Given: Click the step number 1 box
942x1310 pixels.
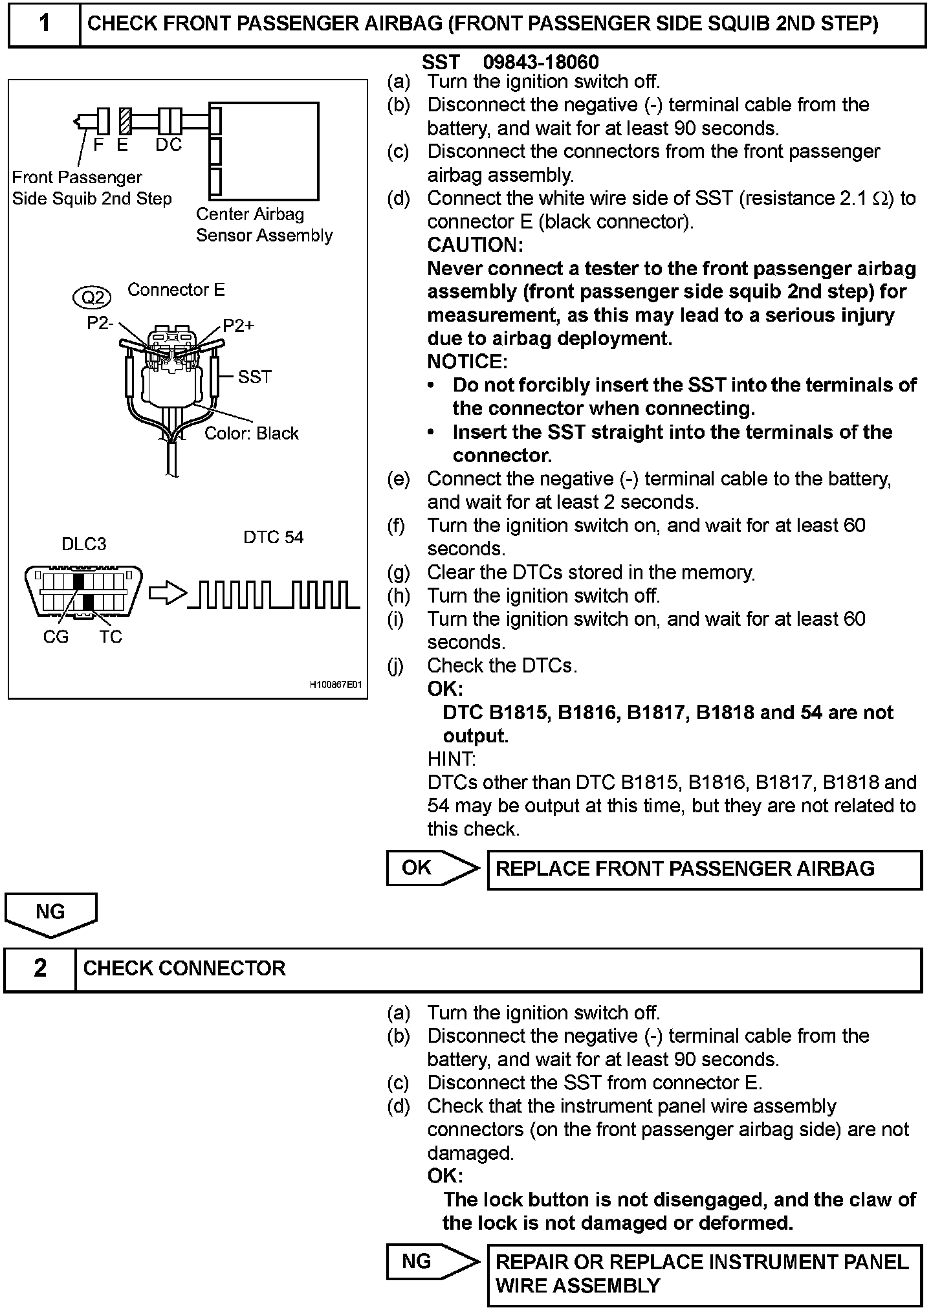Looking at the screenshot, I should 44,24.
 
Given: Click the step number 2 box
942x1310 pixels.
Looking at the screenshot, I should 40,968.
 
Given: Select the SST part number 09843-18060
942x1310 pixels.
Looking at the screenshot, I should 541,62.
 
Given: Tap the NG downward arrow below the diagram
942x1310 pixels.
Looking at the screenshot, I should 50,914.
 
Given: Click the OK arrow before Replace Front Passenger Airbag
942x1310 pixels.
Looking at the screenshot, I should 432,868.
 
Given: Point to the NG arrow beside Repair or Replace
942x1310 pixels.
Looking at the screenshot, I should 432,1261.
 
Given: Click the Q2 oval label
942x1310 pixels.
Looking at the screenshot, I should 93,297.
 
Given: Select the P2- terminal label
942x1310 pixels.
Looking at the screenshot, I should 100,323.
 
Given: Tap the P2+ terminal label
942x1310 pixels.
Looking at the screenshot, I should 238,326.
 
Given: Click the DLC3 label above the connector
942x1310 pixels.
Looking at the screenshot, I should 84,544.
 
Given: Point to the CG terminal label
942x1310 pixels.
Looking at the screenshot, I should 56,637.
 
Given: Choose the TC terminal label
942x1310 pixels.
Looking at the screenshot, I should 111,637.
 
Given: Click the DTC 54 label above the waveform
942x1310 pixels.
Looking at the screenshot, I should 273,537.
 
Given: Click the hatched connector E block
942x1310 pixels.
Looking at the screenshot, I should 125,121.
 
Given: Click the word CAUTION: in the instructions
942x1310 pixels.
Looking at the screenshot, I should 475,245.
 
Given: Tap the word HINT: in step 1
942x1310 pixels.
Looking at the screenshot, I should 452,759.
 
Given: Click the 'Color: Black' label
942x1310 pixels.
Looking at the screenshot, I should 252,433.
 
